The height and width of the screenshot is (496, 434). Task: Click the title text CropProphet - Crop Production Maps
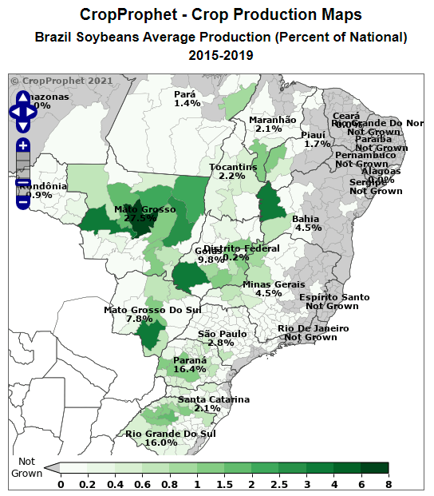coord(221,15)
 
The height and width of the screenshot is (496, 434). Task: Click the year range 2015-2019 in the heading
coord(221,55)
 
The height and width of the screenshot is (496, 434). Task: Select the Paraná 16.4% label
coord(190,365)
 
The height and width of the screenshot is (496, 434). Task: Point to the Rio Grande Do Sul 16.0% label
coord(171,438)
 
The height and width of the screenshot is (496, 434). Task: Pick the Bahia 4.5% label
coord(307,223)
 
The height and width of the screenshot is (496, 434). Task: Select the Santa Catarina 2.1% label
coord(213,403)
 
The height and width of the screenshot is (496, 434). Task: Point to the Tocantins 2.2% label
coord(232,171)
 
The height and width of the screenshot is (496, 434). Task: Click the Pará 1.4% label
coord(187,99)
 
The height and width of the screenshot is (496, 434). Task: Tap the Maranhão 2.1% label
coord(272,124)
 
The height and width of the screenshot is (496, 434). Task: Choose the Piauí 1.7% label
coord(317,139)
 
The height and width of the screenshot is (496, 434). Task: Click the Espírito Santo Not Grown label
coord(333,301)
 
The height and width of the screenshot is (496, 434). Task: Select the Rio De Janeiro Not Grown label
coord(313,332)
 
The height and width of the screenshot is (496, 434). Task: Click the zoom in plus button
coord(23,145)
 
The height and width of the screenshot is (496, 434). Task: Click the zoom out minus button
coord(23,201)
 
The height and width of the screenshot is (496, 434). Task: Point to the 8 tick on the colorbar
coord(387,483)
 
